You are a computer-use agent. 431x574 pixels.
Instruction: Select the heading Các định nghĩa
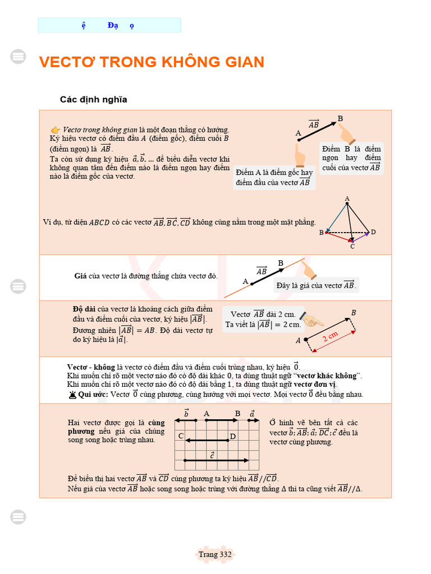(94, 100)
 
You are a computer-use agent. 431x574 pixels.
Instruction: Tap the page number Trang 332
(215, 554)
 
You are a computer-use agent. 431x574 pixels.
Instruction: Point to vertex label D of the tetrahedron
(373, 232)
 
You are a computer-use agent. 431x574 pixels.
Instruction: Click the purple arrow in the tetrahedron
(361, 237)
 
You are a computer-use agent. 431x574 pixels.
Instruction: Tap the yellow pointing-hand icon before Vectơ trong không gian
(55, 129)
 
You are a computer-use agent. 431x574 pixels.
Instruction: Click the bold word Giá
(80, 276)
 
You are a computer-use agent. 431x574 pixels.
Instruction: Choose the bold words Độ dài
(84, 309)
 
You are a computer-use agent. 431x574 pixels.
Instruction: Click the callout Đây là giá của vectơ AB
(316, 285)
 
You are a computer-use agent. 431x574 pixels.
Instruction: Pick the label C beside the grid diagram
(181, 436)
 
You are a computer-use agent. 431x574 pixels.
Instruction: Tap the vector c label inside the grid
(212, 455)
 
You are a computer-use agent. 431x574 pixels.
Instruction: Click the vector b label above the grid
(186, 414)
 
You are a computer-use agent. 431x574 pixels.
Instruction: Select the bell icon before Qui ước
(72, 395)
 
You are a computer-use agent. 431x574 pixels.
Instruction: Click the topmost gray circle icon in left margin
(19, 56)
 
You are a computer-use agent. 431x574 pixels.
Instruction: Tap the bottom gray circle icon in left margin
(19, 517)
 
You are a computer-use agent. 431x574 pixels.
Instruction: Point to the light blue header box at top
(109, 25)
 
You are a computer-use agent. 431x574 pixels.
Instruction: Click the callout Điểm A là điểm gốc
(274, 177)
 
